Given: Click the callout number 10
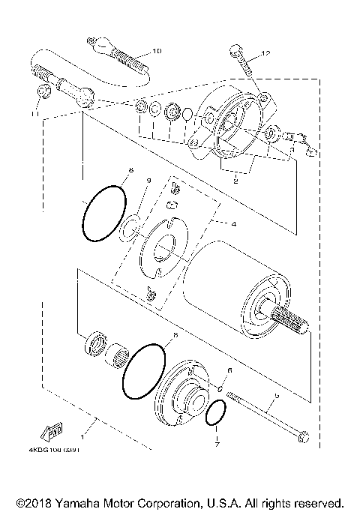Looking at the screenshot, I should click(x=156, y=51).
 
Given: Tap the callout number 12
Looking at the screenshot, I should click(x=264, y=53).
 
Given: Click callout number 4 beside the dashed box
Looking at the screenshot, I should click(x=232, y=223).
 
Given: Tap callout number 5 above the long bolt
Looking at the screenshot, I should click(x=277, y=395).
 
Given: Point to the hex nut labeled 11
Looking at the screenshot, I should click(x=44, y=93).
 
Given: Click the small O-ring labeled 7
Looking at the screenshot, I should click(x=215, y=413).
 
